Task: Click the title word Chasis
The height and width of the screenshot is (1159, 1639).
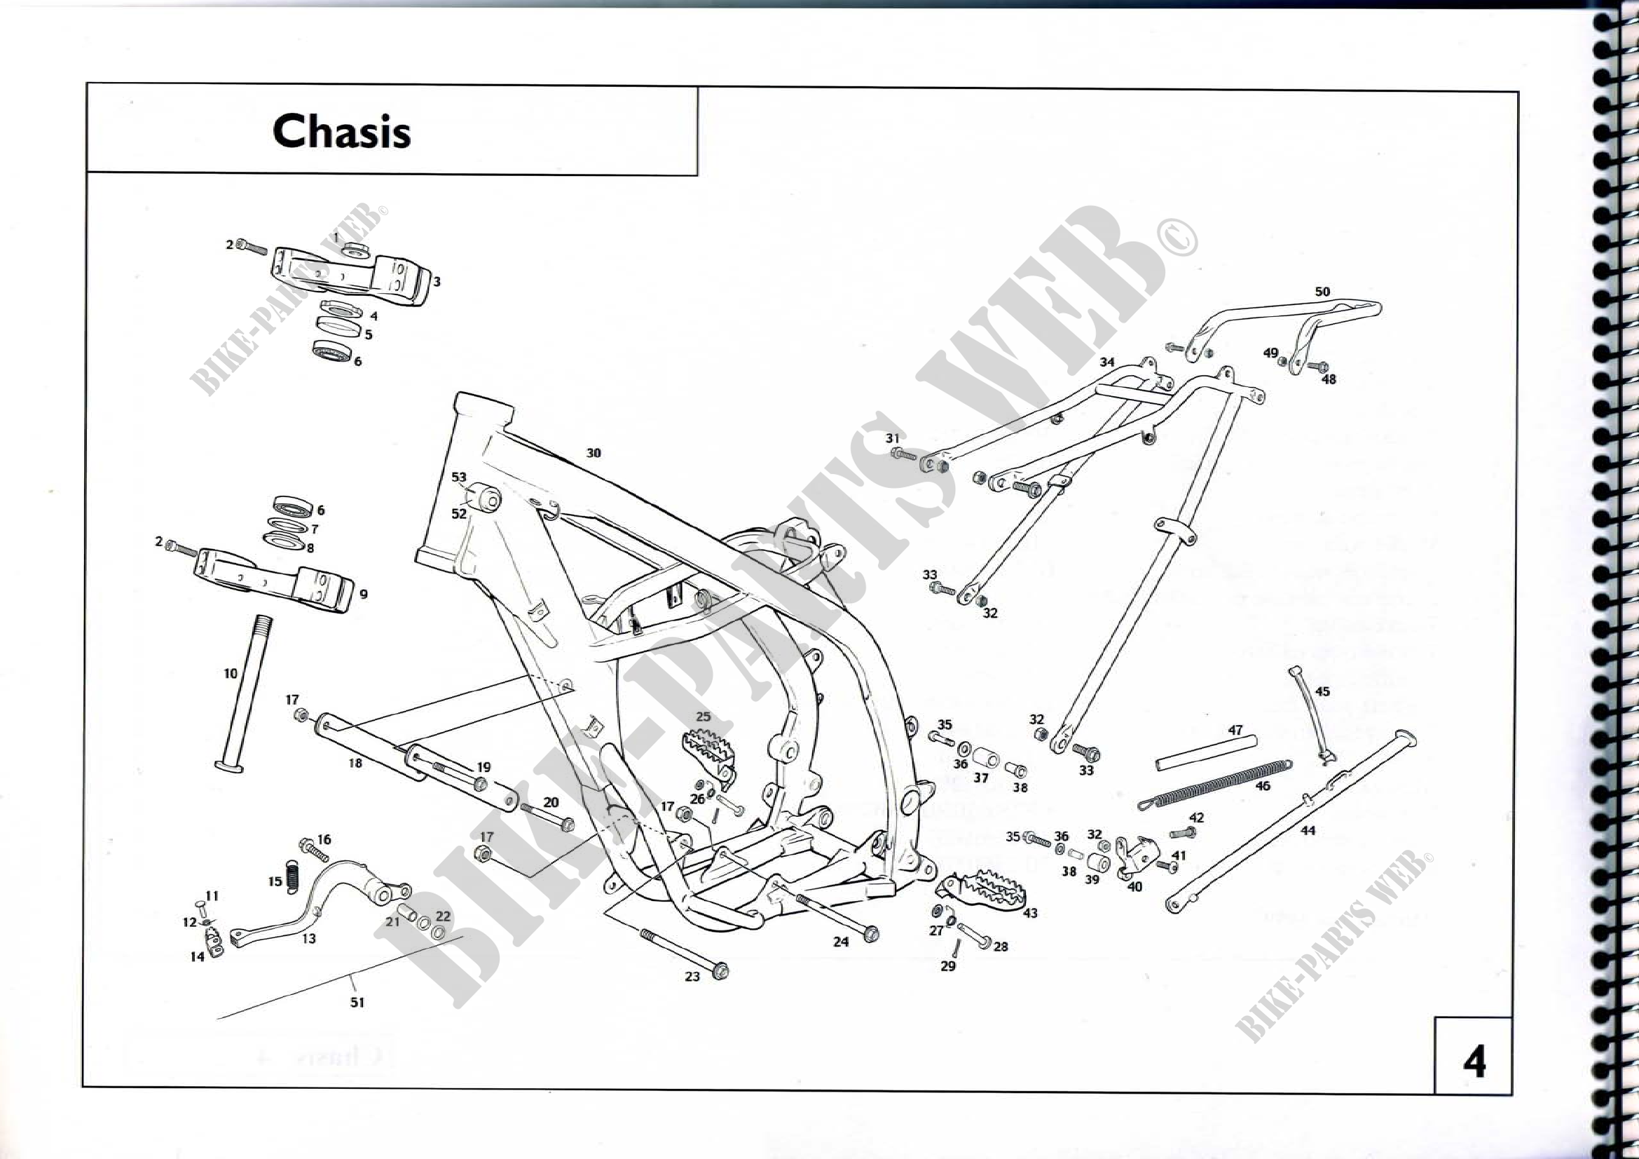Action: [x=341, y=131]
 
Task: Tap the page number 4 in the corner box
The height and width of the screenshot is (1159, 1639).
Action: [x=1474, y=1062]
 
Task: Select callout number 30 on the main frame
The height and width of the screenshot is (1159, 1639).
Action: [x=594, y=453]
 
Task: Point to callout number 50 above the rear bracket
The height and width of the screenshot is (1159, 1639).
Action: [x=1322, y=292]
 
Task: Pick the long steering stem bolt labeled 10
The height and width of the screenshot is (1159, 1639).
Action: [x=245, y=693]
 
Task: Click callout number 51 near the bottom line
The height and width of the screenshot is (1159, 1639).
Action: [x=357, y=1003]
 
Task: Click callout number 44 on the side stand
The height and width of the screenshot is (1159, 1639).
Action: [x=1307, y=830]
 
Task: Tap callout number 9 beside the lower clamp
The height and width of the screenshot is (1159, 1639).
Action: [x=364, y=594]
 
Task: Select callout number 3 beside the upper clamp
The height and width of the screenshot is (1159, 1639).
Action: [x=436, y=282]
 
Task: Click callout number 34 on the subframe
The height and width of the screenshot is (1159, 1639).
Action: [x=1106, y=362]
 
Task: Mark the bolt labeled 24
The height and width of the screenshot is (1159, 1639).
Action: [x=835, y=914]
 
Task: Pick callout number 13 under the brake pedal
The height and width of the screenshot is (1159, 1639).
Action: [x=308, y=938]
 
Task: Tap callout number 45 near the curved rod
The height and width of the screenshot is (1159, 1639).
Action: [x=1322, y=691]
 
